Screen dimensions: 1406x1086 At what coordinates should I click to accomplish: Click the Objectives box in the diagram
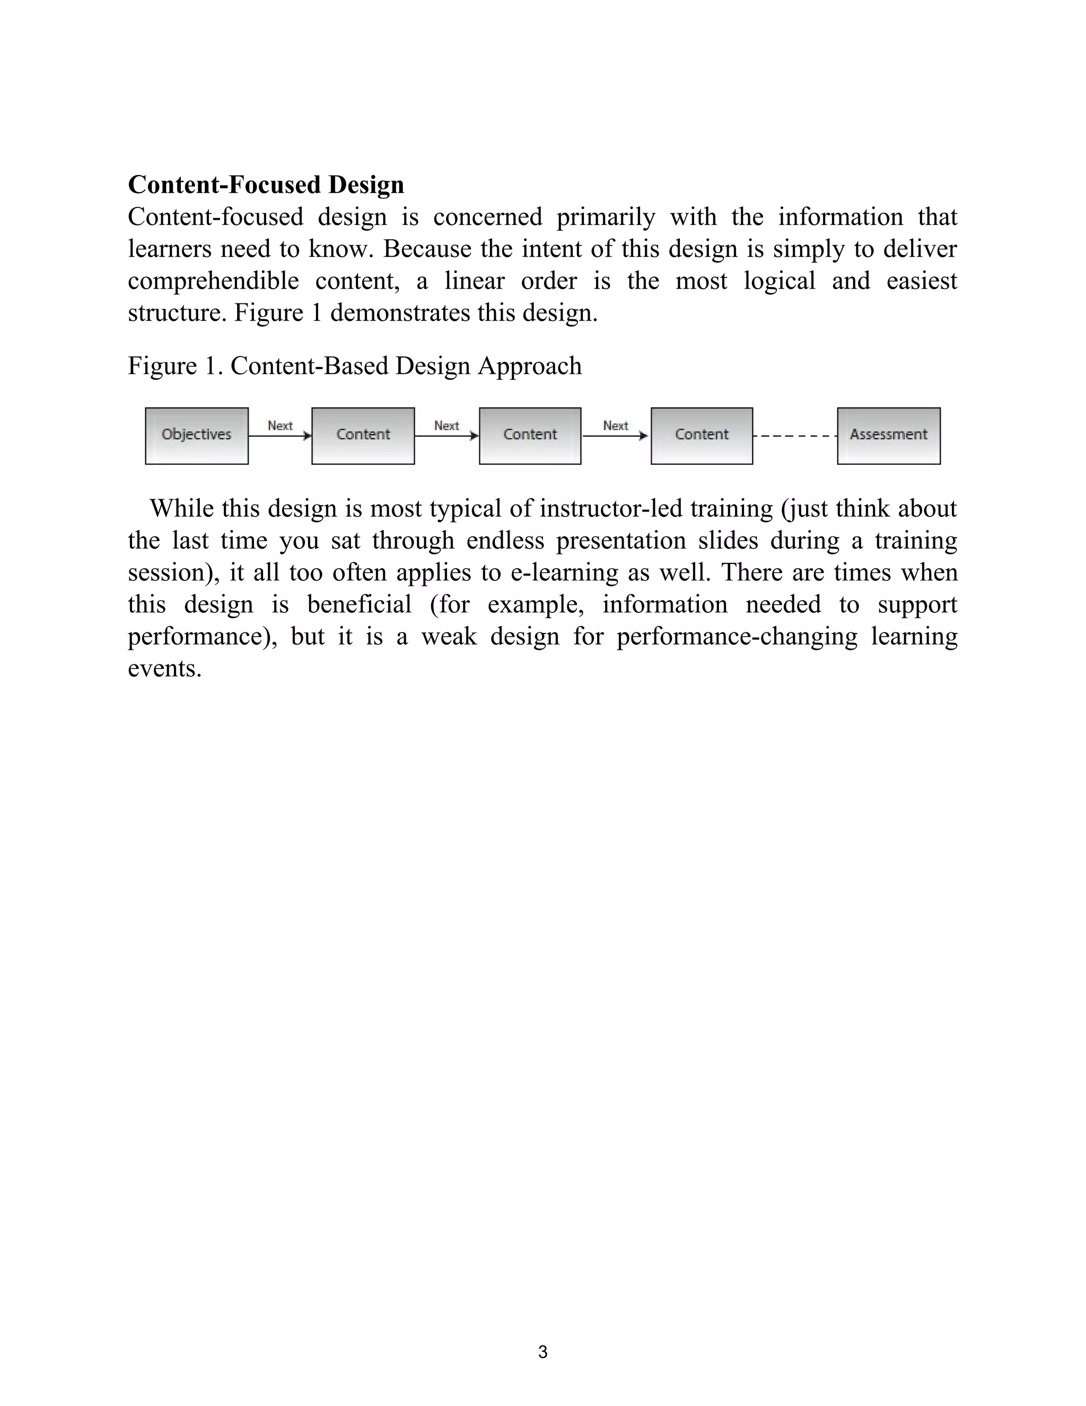click(196, 436)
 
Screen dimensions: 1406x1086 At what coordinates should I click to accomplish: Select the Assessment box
click(889, 436)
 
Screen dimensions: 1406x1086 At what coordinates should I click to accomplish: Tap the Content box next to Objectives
click(363, 436)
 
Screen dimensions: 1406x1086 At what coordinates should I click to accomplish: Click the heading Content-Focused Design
click(266, 185)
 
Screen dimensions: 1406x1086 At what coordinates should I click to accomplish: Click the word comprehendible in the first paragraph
click(213, 281)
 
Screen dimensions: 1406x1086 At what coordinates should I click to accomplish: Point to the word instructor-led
click(610, 509)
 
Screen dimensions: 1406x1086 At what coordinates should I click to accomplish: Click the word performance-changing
click(737, 637)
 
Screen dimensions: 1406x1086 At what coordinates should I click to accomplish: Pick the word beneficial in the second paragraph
click(359, 604)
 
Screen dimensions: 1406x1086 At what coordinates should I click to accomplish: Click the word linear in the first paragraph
click(474, 281)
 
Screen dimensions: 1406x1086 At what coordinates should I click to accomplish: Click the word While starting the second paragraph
click(181, 509)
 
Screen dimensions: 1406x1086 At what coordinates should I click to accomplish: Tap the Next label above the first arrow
click(280, 426)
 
